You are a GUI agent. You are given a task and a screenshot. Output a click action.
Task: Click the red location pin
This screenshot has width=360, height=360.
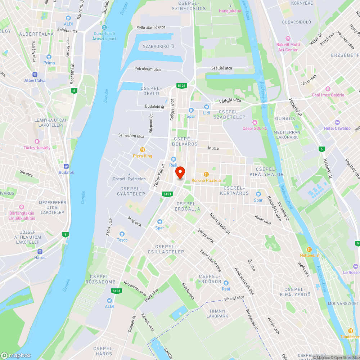pyautogui.click(x=180, y=172)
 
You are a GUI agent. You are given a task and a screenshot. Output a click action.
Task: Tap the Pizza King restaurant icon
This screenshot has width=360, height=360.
pyautogui.click(x=143, y=150)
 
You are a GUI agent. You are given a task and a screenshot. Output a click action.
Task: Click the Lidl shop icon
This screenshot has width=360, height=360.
pyautogui.click(x=206, y=107)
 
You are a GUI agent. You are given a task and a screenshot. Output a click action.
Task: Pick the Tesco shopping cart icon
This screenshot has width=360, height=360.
pyautogui.click(x=122, y=234)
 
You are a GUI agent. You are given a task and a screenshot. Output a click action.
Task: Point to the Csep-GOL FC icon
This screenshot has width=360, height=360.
pyautogui.click(x=255, y=122)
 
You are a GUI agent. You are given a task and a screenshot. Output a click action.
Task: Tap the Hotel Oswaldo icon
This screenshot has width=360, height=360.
pyautogui.click(x=337, y=122)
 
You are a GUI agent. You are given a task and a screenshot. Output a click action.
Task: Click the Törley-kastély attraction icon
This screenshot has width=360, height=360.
pyautogui.click(x=36, y=141)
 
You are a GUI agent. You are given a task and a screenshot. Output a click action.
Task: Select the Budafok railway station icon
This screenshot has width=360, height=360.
pyautogui.click(x=66, y=166)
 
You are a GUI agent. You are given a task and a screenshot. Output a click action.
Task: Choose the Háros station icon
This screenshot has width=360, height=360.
pyautogui.click(x=40, y=252)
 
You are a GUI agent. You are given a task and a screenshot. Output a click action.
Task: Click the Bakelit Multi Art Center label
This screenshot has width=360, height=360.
pyautogui.click(x=288, y=47)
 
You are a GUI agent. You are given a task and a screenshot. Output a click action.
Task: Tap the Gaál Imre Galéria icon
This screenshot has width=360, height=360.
pyautogui.click(x=328, y=89)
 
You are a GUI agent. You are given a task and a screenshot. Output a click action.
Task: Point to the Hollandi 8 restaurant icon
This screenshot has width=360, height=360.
pyautogui.click(x=309, y=249)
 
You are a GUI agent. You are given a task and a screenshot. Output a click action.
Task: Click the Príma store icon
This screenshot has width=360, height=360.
pyautogui.click(x=49, y=57)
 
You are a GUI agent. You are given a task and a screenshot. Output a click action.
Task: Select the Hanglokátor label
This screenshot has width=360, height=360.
pyautogui.click(x=230, y=11)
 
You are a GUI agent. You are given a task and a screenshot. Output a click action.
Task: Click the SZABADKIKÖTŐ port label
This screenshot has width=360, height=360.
pyautogui.click(x=158, y=46)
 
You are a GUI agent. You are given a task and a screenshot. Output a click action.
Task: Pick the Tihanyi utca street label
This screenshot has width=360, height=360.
pyautogui.click(x=234, y=298)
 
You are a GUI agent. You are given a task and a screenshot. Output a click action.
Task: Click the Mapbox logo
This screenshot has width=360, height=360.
pyautogui.click(x=16, y=355)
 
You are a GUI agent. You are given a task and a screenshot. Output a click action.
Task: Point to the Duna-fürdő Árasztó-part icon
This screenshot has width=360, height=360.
pyautogui.click(x=104, y=28)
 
